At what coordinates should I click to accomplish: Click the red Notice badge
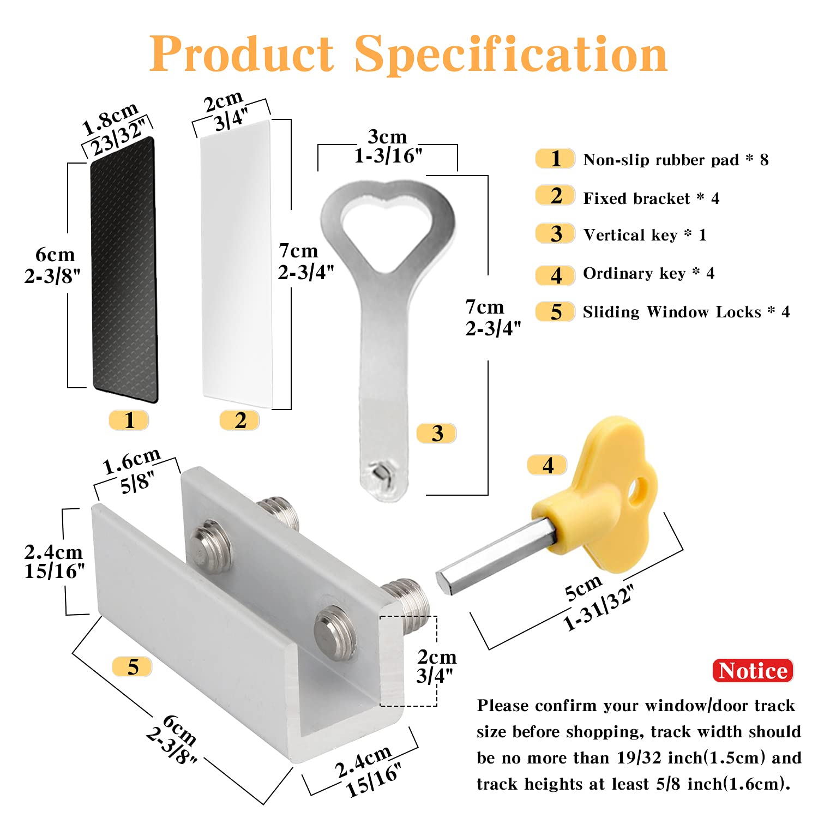point(753,670)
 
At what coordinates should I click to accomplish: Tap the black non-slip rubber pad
point(124,270)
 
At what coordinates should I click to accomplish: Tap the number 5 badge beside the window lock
point(133,667)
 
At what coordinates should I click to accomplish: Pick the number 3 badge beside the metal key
point(436,434)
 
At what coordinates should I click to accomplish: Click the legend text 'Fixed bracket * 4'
point(651,198)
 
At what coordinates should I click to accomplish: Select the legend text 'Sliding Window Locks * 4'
point(686,312)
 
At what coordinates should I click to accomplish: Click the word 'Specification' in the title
point(511,55)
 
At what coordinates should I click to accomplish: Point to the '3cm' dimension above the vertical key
point(387,136)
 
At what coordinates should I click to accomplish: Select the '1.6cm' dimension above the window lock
point(131,461)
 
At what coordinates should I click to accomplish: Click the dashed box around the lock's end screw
point(408,661)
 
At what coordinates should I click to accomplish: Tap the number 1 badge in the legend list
point(555,159)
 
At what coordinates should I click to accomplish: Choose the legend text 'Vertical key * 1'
point(645,235)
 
